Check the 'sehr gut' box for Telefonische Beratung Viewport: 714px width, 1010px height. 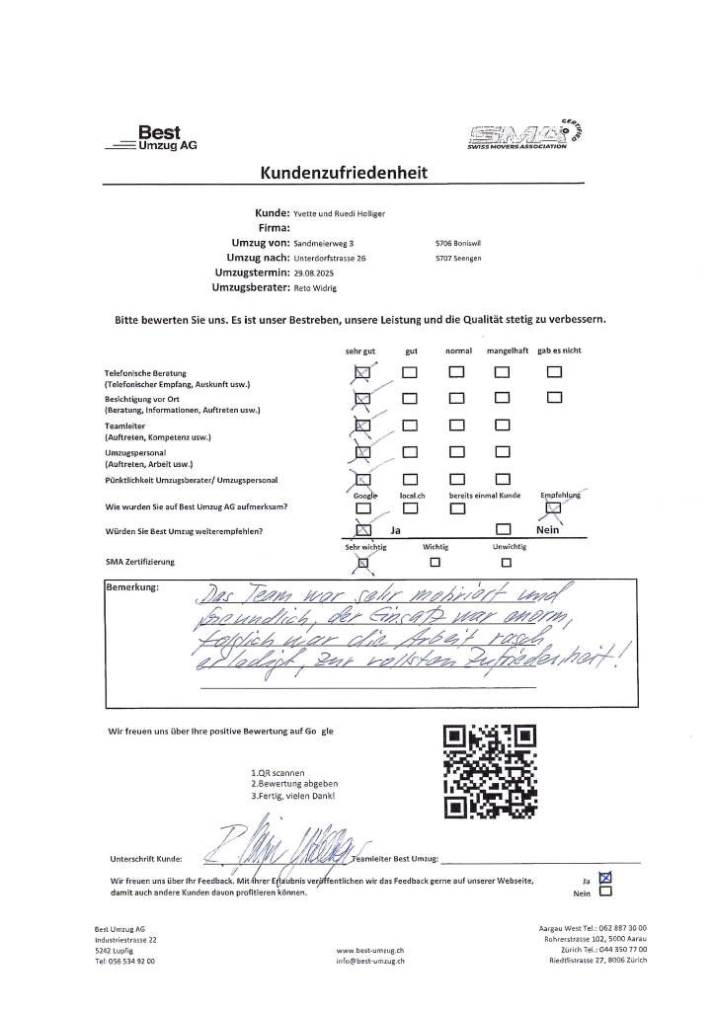[361, 372]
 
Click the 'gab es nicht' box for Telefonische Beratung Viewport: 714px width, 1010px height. [554, 372]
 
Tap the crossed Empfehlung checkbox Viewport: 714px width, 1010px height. [554, 507]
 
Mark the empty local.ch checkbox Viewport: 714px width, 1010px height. [410, 508]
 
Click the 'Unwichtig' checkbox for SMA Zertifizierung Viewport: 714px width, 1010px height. [506, 563]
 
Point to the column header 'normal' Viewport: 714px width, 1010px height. [458, 350]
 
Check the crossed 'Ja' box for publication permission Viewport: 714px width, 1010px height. [606, 875]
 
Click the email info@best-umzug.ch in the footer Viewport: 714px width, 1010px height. [370, 961]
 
